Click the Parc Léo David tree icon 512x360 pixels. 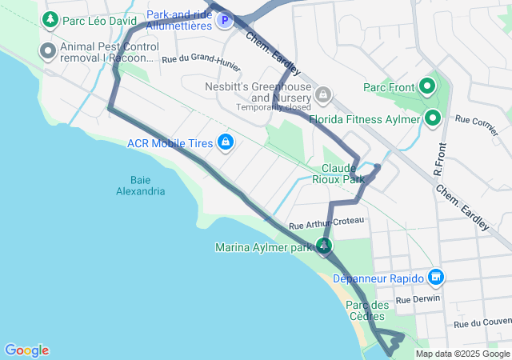[x=50, y=18]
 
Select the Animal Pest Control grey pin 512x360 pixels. [x=47, y=52]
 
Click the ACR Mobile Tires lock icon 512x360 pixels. [x=226, y=142]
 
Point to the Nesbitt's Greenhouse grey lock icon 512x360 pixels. [x=322, y=96]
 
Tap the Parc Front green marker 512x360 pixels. [x=427, y=86]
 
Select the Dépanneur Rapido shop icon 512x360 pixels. [x=435, y=278]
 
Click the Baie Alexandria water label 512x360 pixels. [x=140, y=185]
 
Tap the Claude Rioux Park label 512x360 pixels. [x=343, y=174]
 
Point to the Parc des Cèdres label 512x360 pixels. [x=367, y=310]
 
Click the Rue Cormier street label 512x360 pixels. [x=476, y=122]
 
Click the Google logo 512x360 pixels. [x=26, y=350]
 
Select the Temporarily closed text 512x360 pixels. [x=273, y=107]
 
